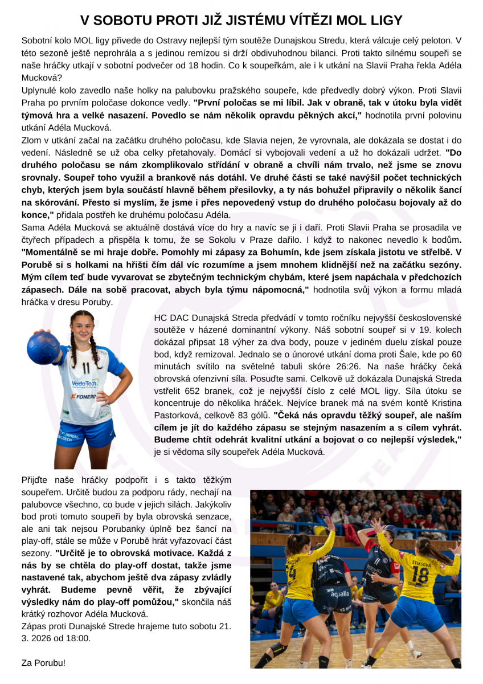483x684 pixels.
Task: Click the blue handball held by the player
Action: [x=43, y=347]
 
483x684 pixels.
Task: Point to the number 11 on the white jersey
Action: [x=86, y=368]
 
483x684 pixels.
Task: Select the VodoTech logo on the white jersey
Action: [x=85, y=384]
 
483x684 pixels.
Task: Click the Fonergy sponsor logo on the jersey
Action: [x=82, y=396]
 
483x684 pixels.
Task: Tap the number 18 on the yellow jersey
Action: [x=420, y=574]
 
